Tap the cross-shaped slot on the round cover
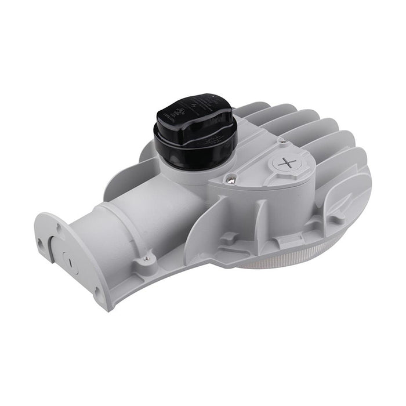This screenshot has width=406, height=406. coord(286,163)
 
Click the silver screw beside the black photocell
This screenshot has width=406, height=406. coord(231,179)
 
